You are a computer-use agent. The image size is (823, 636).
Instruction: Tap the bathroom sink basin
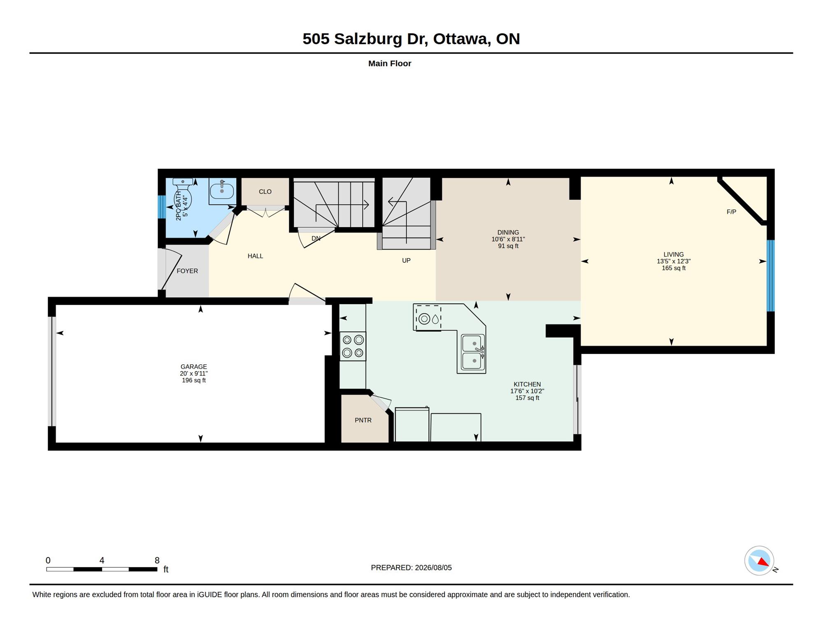tap(222, 191)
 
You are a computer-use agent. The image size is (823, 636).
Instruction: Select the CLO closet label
tap(265, 191)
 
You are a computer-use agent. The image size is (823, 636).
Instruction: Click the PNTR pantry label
tap(363, 420)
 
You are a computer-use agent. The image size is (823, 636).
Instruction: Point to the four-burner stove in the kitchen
tap(353, 346)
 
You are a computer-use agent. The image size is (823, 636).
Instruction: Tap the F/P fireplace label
tap(731, 212)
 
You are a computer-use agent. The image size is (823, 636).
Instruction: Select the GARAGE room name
tap(193, 366)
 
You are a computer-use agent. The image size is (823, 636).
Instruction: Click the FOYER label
tap(187, 271)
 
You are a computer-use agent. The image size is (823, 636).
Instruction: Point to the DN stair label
tap(316, 238)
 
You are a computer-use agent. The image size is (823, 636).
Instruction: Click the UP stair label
tap(406, 261)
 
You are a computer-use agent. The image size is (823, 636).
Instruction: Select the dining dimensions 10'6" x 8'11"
tap(508, 239)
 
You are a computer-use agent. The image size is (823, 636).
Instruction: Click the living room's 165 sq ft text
tap(674, 268)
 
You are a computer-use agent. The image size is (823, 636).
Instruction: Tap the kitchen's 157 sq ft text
tap(527, 398)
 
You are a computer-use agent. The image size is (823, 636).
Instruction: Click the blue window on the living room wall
tap(771, 276)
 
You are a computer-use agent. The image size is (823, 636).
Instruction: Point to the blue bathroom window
tap(162, 207)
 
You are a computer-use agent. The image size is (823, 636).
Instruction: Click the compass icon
tap(759, 561)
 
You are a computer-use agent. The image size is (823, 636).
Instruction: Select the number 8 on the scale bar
tap(157, 560)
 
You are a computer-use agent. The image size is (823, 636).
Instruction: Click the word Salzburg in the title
tap(368, 39)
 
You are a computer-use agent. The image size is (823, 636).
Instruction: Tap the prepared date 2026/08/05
tap(433, 568)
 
